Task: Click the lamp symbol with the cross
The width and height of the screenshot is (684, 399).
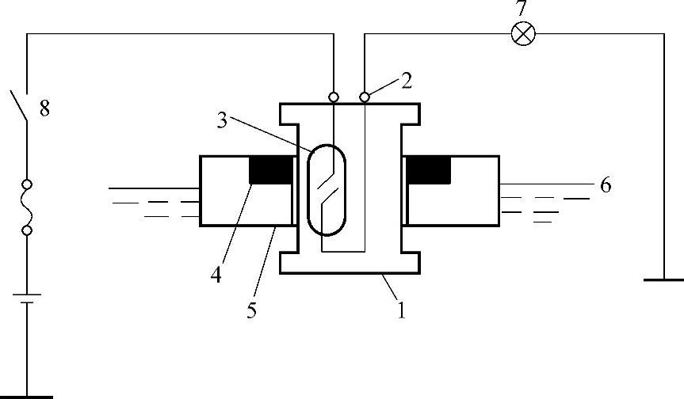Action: [x=522, y=33]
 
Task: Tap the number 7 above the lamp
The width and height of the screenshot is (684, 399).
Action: [x=522, y=7]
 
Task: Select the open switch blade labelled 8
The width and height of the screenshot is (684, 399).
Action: [x=19, y=105]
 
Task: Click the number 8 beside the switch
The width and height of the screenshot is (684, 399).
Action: [x=44, y=108]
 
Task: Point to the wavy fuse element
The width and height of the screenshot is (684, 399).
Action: [x=27, y=207]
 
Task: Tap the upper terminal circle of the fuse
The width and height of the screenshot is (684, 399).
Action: [x=27, y=184]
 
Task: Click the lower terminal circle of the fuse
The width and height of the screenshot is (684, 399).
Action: [x=27, y=230]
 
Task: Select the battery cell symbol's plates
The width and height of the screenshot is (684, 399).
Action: [x=27, y=298]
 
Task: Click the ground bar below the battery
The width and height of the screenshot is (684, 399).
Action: [x=26, y=397]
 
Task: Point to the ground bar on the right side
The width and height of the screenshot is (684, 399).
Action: [x=664, y=279]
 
